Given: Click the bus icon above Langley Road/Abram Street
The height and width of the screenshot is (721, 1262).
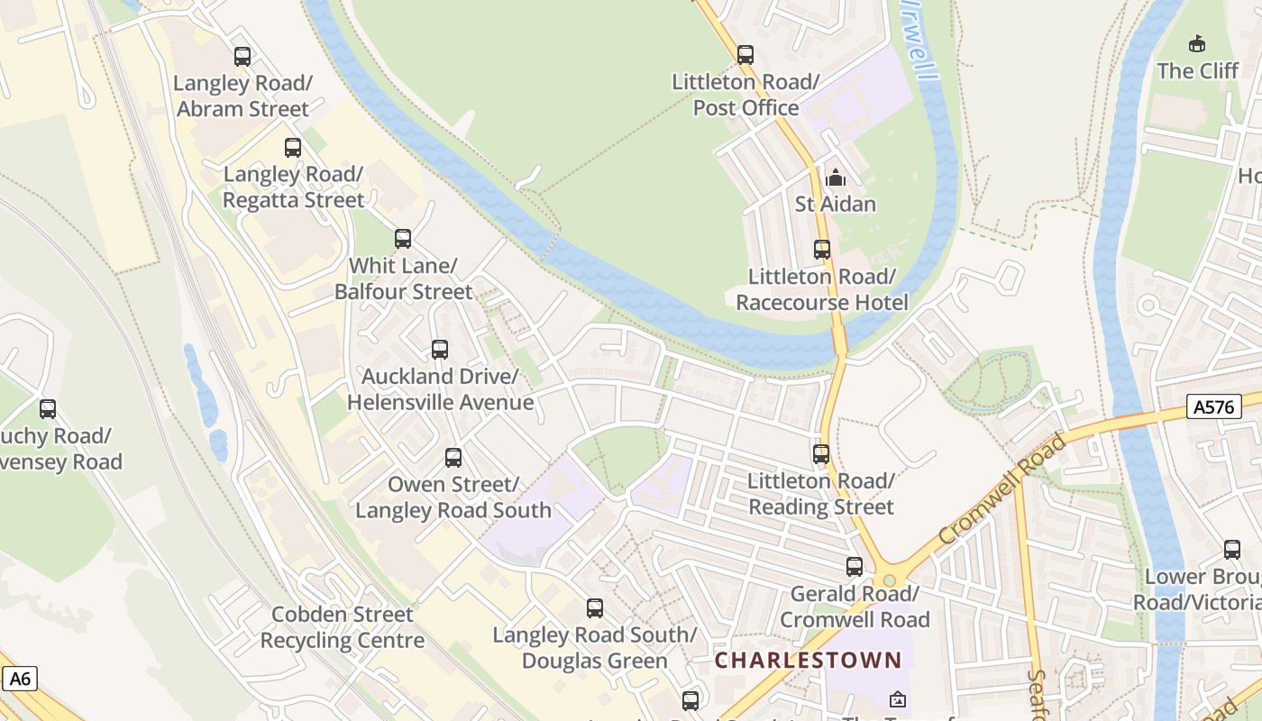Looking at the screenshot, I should (x=242, y=57).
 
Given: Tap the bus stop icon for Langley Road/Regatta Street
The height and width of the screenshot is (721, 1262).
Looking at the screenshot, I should (x=293, y=148).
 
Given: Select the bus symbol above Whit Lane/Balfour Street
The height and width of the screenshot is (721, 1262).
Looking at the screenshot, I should (x=403, y=239).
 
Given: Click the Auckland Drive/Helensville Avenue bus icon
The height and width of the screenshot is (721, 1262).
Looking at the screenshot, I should (x=440, y=350).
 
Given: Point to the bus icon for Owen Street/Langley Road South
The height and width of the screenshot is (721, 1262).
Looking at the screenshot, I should (x=453, y=458).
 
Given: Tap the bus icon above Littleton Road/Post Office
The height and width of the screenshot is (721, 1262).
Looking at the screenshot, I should (x=745, y=55).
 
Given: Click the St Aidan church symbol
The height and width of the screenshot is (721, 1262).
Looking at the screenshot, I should (x=836, y=178).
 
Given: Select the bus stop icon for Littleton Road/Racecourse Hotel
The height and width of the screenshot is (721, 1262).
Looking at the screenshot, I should (x=822, y=250).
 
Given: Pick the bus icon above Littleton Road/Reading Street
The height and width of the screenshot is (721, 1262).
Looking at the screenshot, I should (x=821, y=454).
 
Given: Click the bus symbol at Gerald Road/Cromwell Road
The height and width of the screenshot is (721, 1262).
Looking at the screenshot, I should (x=855, y=567).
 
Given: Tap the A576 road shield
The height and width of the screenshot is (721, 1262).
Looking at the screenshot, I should (x=1212, y=406).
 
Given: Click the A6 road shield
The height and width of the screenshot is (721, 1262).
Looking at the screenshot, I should (x=20, y=678).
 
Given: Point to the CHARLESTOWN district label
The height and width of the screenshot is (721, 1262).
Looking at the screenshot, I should (x=808, y=660).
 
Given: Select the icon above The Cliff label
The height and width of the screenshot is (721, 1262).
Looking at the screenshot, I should (x=1197, y=43).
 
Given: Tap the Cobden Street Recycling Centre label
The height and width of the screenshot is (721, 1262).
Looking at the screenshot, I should (x=342, y=627).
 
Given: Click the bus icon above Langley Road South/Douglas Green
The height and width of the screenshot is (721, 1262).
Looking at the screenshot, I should (x=595, y=608).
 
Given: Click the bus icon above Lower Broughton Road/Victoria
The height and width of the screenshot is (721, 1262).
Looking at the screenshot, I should (x=1232, y=550).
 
